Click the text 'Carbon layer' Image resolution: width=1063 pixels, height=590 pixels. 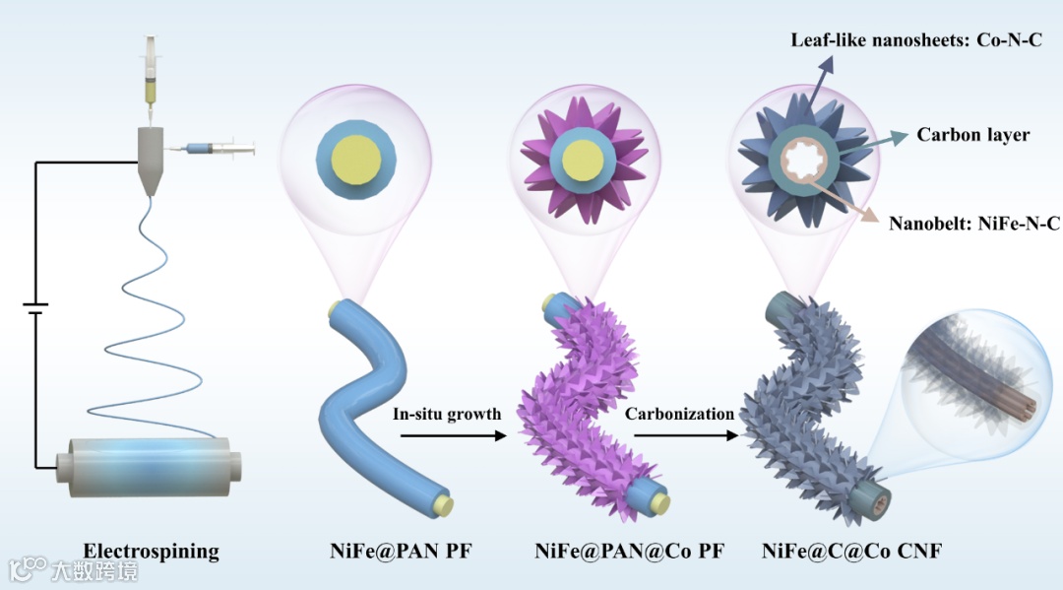[x=972, y=135]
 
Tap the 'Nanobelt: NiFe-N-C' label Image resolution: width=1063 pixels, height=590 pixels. [x=973, y=224]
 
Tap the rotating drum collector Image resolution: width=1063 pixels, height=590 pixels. [x=149, y=463]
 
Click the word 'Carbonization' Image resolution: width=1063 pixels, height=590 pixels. [x=679, y=415]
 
